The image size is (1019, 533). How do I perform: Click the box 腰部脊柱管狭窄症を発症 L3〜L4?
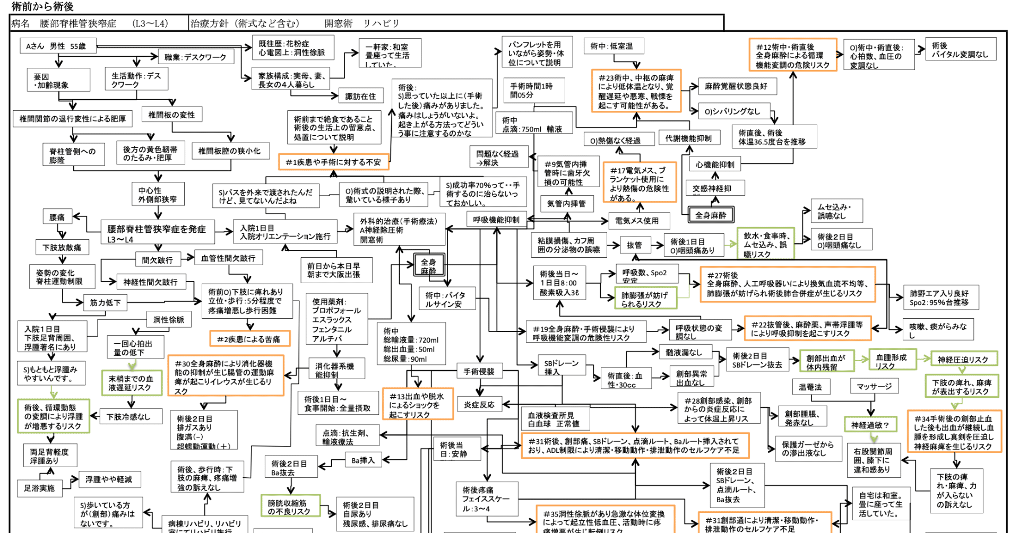(157, 233)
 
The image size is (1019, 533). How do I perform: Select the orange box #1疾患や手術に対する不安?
(333, 162)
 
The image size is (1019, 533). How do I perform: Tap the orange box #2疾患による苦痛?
(249, 339)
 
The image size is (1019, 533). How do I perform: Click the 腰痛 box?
(57, 217)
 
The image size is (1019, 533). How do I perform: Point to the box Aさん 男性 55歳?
(57, 46)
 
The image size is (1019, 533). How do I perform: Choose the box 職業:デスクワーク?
(195, 57)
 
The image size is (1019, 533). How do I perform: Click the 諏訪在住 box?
(360, 96)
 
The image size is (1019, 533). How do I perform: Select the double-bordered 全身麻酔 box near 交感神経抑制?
(710, 215)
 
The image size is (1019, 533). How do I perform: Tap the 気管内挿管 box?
(566, 203)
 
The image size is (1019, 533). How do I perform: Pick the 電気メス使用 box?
(637, 221)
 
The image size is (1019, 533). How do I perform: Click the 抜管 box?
(634, 245)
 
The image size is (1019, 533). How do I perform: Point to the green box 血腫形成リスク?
(892, 361)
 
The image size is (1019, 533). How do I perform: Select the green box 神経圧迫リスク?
(963, 360)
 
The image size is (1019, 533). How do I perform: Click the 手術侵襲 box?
(479, 372)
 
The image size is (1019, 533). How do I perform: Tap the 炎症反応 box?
(479, 405)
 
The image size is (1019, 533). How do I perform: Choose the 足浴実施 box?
(39, 488)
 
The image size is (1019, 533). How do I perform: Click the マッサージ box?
(874, 387)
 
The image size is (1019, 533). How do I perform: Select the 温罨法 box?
(810, 387)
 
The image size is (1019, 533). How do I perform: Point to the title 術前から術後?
(42, 6)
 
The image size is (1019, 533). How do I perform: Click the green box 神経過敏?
(870, 425)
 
